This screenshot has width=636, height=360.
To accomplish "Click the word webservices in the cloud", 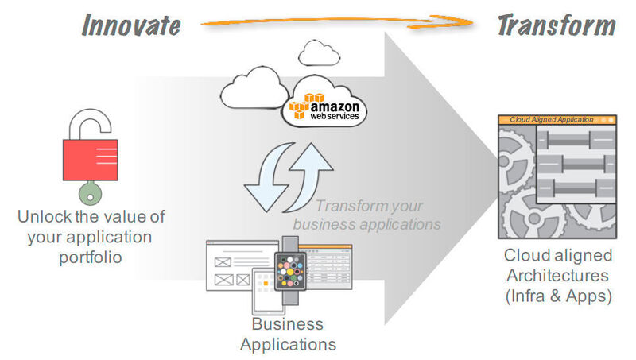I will coord(334,116).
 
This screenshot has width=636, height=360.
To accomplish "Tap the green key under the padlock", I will coord(87,192).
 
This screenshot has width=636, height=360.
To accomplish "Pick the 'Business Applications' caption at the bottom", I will coord(288,334).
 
